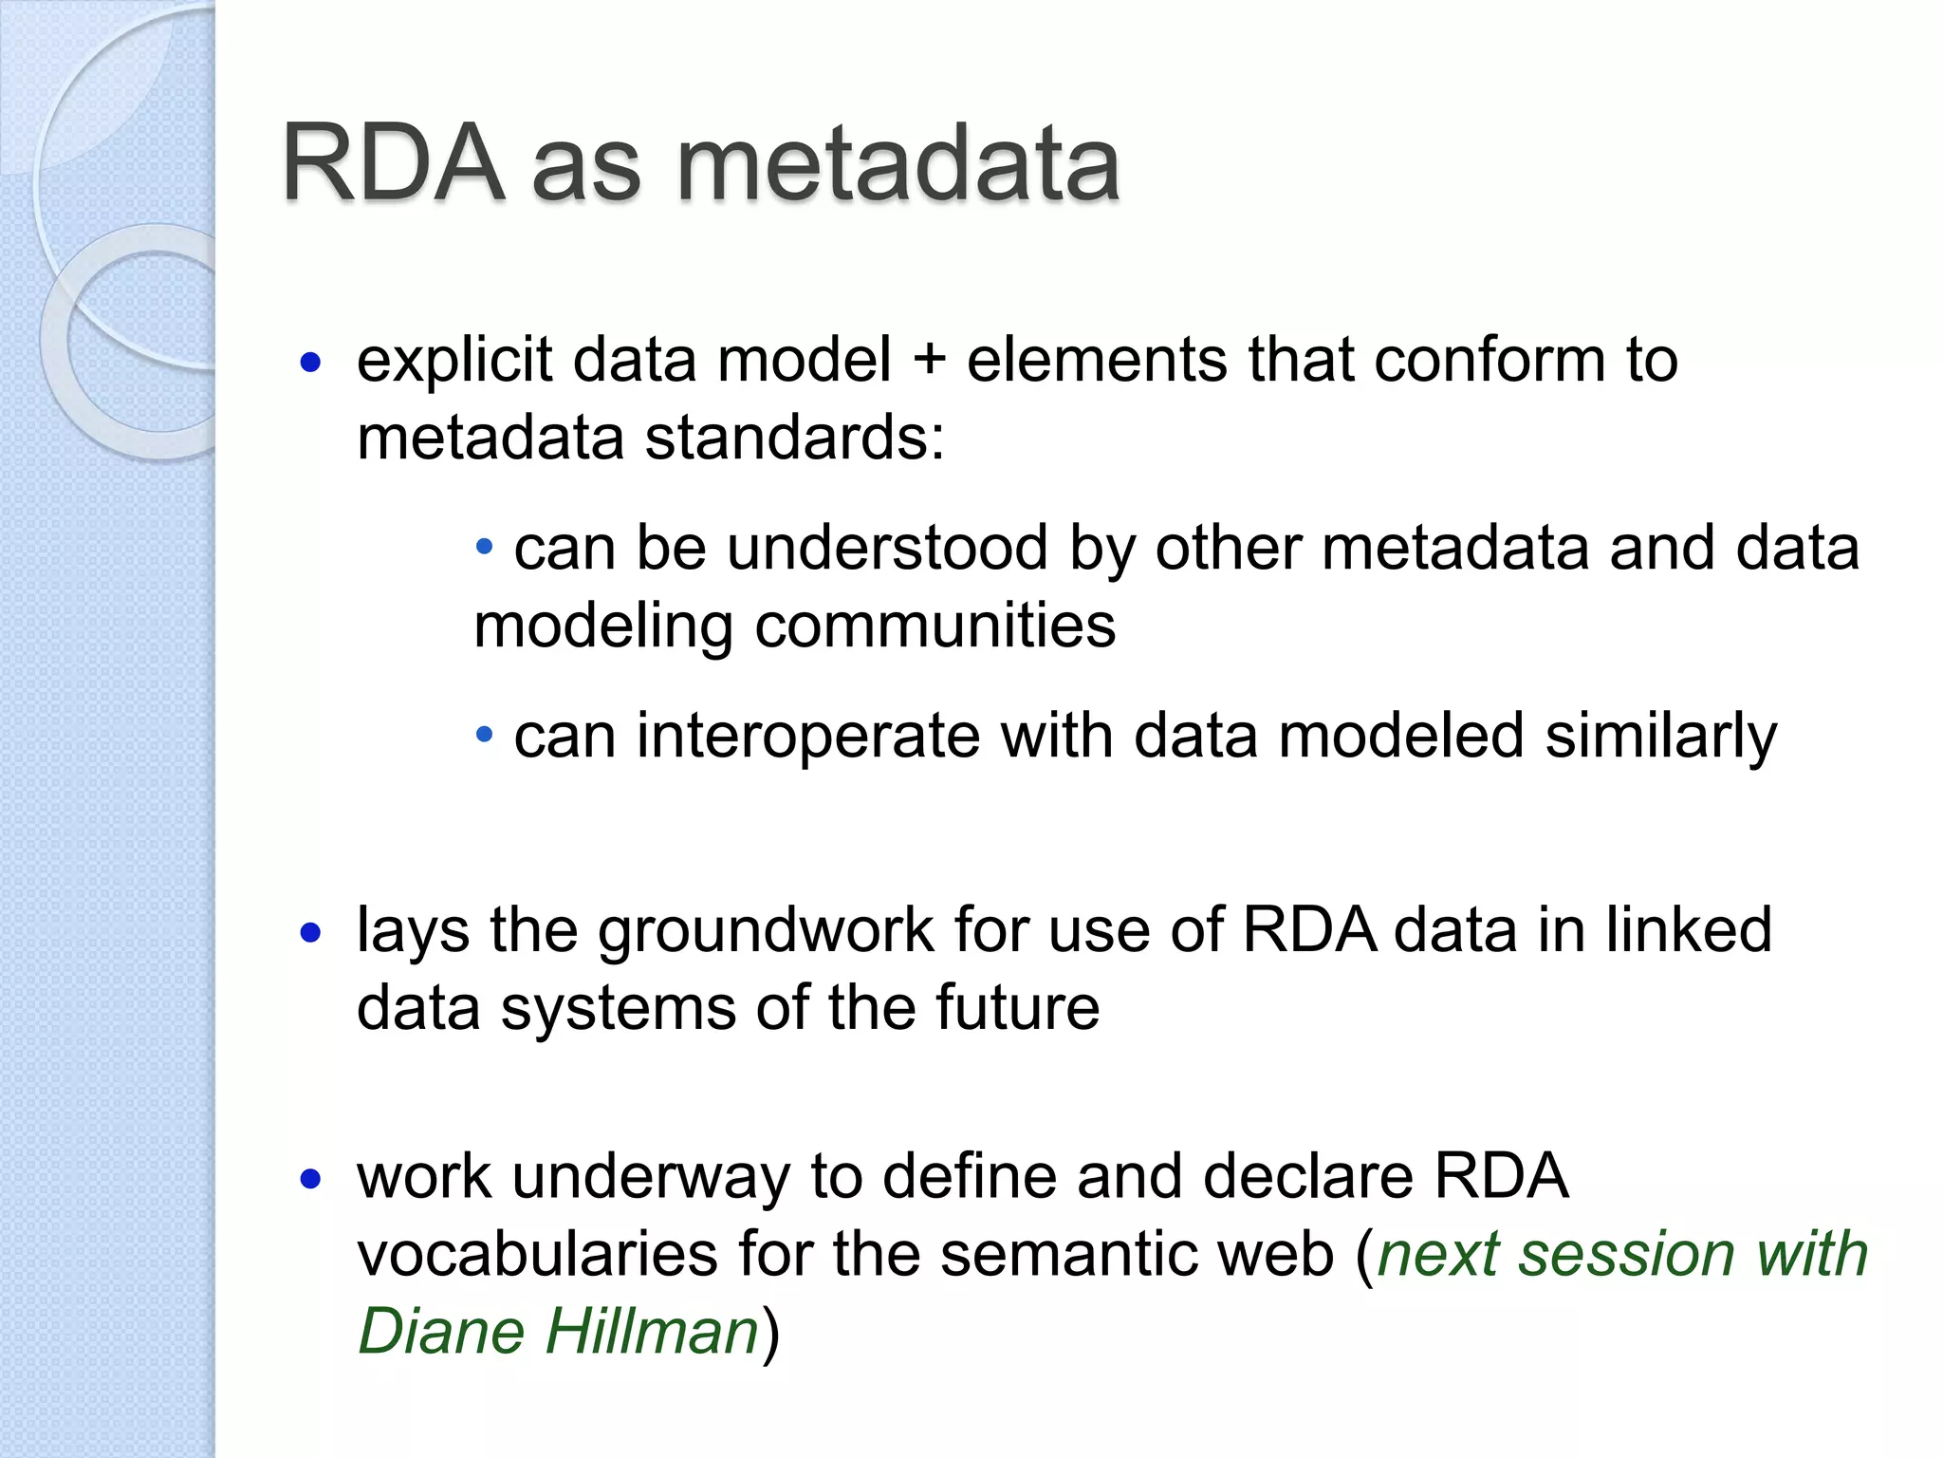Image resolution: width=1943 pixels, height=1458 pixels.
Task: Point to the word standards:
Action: [795, 439]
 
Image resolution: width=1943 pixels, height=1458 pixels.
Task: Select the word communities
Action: [934, 626]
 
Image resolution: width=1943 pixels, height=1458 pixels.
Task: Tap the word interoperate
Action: [807, 737]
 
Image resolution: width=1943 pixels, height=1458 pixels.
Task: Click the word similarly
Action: [1660, 737]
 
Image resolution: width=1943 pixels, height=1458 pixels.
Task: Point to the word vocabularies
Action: [538, 1254]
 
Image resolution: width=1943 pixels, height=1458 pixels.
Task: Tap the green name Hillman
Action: [652, 1331]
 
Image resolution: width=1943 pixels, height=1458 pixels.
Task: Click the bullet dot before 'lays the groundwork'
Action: [310, 933]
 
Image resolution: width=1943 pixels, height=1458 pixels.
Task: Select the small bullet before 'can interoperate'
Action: [485, 734]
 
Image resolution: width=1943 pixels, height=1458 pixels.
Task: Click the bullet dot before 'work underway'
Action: [310, 1180]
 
